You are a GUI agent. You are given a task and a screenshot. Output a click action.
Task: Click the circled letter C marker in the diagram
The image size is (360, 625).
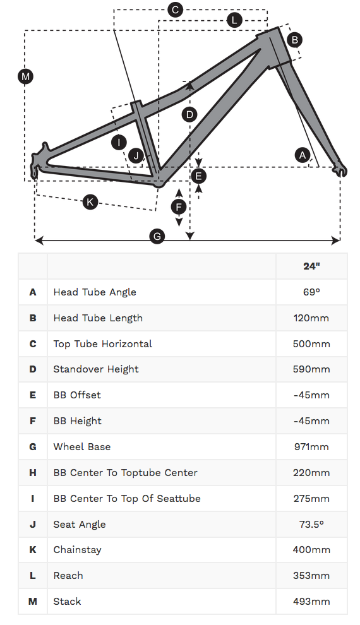[176, 9]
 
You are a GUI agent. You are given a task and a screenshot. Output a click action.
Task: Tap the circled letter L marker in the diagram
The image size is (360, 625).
[234, 20]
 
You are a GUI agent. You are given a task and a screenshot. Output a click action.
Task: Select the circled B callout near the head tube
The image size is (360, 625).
[294, 40]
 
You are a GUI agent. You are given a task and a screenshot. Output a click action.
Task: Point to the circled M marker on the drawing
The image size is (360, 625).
[25, 77]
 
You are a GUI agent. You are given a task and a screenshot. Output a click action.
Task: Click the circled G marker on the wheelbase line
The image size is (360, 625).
[157, 237]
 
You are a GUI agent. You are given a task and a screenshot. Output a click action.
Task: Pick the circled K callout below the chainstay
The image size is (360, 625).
[90, 202]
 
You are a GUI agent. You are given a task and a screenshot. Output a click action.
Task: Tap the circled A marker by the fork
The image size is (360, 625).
[303, 155]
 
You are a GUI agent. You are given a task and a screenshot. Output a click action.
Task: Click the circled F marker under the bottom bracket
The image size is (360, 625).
[179, 206]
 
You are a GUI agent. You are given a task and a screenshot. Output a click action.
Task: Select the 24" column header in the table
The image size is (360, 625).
[311, 266]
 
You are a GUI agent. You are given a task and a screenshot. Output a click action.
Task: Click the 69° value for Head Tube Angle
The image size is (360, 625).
[311, 292]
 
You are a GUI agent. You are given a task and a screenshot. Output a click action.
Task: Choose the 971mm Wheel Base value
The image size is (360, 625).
[311, 446]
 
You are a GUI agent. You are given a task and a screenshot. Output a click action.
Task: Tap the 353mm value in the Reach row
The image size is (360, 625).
[311, 575]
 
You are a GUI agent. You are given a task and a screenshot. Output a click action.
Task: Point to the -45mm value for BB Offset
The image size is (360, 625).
[311, 395]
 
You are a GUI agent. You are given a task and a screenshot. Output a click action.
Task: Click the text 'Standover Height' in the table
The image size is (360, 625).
[96, 369]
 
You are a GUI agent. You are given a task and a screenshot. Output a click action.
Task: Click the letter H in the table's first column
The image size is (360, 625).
[33, 472]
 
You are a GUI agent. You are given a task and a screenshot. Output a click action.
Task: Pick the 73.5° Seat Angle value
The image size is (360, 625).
[311, 524]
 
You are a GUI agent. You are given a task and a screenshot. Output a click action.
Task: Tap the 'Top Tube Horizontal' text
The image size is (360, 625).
[103, 343]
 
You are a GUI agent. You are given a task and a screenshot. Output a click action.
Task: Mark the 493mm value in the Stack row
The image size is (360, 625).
[311, 601]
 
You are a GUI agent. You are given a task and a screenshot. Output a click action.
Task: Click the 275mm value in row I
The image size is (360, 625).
[311, 498]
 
